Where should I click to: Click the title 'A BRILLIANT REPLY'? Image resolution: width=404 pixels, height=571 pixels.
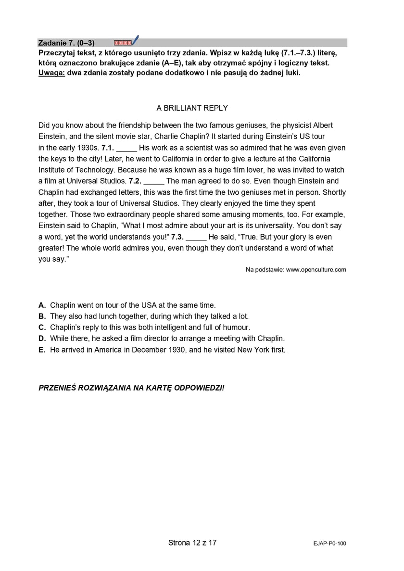coord(192,108)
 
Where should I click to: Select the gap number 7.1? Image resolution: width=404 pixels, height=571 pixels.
coord(107,148)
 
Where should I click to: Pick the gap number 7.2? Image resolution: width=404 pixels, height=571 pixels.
coord(135,181)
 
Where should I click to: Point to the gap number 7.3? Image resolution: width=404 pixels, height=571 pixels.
coord(177,237)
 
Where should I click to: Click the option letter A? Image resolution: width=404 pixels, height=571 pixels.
coord(42,305)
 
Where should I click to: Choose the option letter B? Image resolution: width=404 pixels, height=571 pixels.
coord(42,316)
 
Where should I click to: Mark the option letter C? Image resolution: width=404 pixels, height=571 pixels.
coord(42,328)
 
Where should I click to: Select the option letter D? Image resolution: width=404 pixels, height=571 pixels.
coord(42,339)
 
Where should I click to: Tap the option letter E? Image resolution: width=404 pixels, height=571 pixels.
coord(42,350)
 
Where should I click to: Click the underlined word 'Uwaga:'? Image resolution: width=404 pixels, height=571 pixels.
coord(51,73)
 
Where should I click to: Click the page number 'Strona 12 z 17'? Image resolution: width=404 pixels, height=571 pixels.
coord(192,543)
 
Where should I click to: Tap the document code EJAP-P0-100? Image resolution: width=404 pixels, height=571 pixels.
coord(329,544)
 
